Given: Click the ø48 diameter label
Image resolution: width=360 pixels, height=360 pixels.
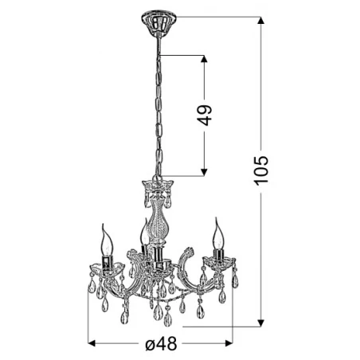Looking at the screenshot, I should [160, 344].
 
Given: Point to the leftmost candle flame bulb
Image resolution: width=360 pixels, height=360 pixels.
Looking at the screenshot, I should [104, 237].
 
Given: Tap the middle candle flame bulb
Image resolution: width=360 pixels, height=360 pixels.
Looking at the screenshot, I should [143, 233].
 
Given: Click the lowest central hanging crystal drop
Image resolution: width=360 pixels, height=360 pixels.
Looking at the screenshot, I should [167, 320].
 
